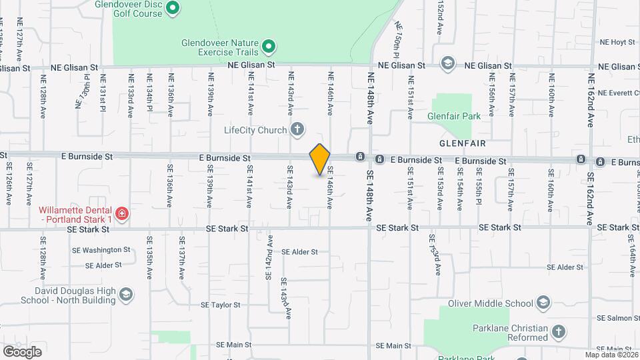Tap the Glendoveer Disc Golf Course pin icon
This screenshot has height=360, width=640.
[172, 8]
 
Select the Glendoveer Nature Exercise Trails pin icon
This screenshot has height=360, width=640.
[269, 46]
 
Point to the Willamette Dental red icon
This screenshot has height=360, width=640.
[121, 213]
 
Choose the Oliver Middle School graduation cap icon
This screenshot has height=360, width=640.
[543, 304]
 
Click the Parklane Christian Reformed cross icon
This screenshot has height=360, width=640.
[558, 331]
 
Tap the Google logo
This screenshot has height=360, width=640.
[22, 351]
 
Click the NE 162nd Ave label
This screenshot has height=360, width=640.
[591, 101]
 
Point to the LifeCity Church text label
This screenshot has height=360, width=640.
[255, 130]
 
